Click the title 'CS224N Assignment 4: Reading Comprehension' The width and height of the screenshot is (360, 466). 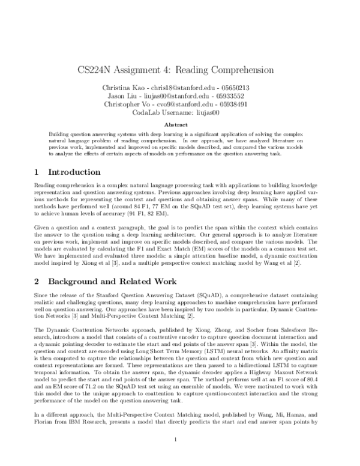coord(179,70)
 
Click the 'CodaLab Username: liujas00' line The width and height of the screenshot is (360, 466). coord(179,112)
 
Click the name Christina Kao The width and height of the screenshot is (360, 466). coord(128,87)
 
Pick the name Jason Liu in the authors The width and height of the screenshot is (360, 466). coord(142,95)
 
